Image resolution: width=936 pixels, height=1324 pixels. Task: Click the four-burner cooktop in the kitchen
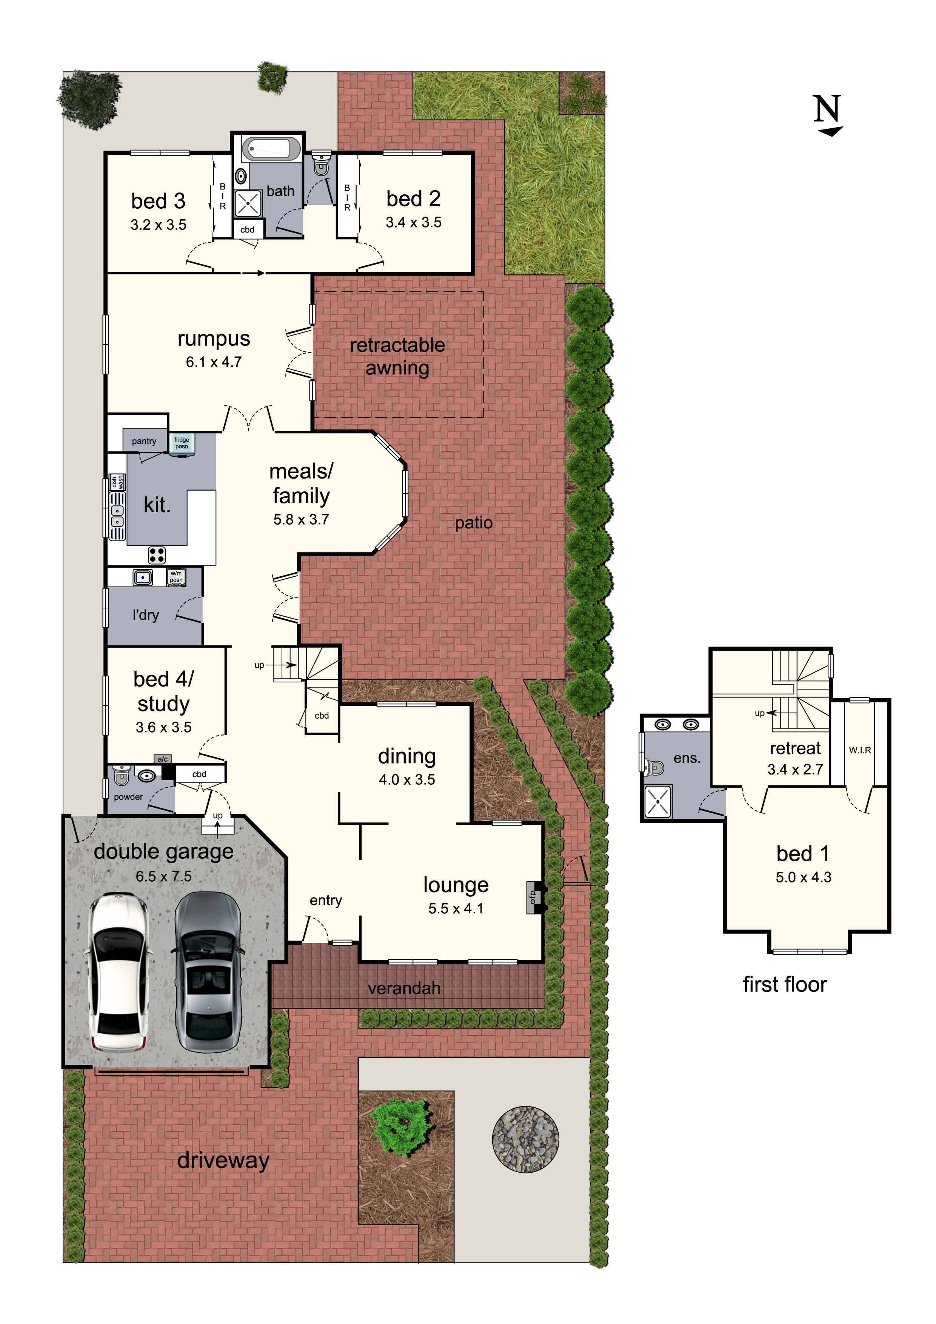[157, 555]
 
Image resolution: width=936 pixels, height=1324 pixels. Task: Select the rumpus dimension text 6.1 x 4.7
[213, 362]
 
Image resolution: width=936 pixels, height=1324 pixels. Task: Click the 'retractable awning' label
[397, 356]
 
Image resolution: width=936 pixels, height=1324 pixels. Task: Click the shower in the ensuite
[658, 801]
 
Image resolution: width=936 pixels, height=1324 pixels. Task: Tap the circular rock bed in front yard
[525, 1139]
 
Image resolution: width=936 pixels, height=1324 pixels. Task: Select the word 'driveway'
[223, 1160]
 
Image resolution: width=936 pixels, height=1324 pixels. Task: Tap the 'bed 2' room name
[414, 199]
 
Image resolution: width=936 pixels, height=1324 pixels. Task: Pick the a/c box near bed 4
[163, 759]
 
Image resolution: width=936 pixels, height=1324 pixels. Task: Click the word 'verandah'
[404, 988]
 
